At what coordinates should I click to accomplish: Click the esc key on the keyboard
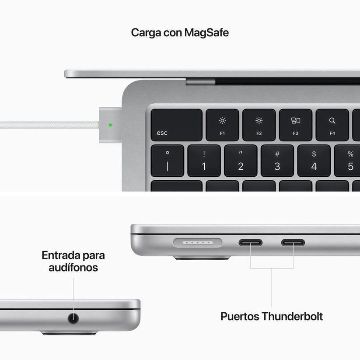pyautogui.click(x=176, y=125)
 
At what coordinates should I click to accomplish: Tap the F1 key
pyautogui.click(x=222, y=125)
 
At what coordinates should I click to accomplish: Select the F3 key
pyautogui.click(x=296, y=125)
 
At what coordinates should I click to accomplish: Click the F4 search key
pyautogui.click(x=332, y=125)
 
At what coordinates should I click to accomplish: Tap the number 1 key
pyautogui.click(x=204, y=161)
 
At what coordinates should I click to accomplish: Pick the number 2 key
pyautogui.click(x=241, y=161)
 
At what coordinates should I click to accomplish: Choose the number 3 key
pyautogui.click(x=277, y=161)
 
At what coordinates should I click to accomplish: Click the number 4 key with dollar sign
pyautogui.click(x=314, y=161)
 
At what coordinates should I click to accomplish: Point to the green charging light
pyautogui.click(x=110, y=125)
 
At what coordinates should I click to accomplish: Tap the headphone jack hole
pyautogui.click(x=73, y=318)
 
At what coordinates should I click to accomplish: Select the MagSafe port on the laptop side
pyautogui.click(x=198, y=242)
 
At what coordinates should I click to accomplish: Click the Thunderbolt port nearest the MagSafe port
pyautogui.click(x=250, y=242)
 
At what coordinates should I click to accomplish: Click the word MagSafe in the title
pyautogui.click(x=206, y=33)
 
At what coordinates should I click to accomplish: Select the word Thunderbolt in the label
pyautogui.click(x=292, y=316)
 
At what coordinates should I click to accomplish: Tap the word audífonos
pyautogui.click(x=73, y=268)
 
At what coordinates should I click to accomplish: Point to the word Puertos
pyautogui.click(x=239, y=316)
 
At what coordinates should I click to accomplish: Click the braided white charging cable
pyautogui.click(x=48, y=125)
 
